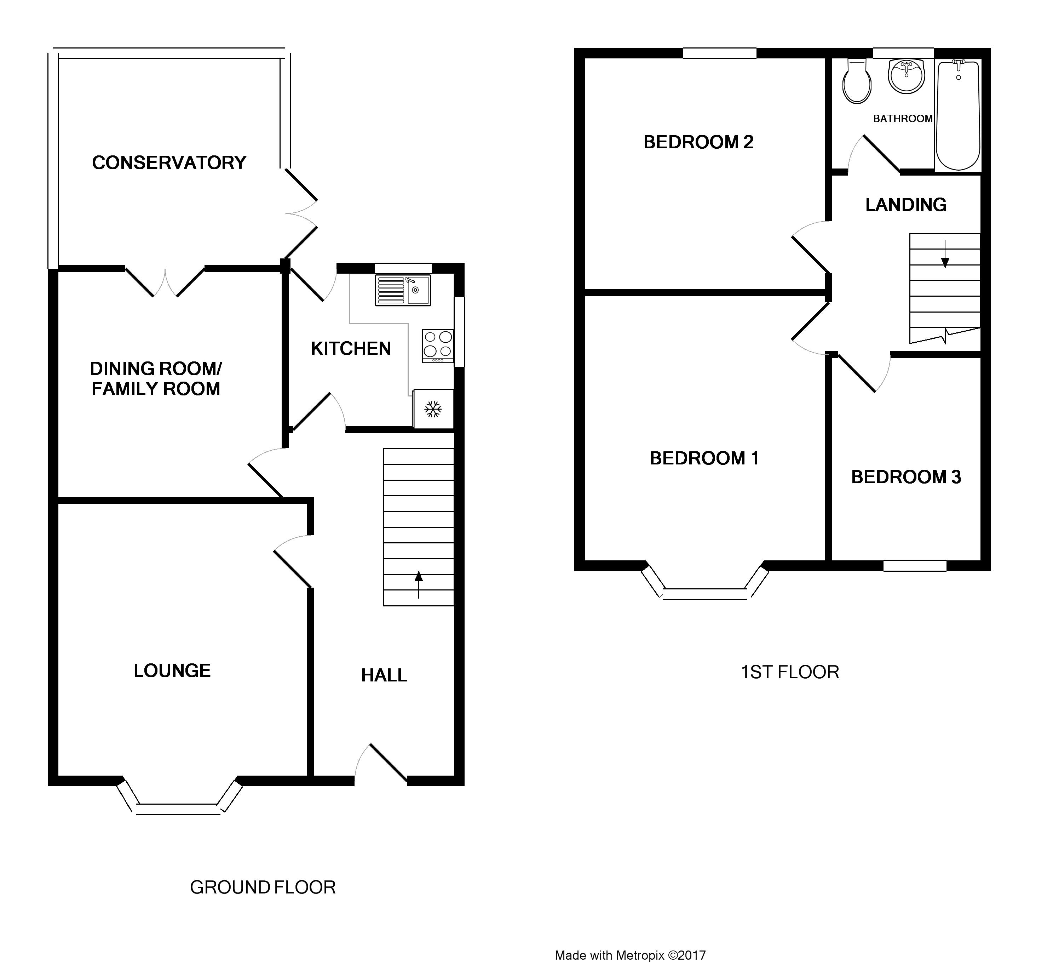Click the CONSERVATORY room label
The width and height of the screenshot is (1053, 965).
click(x=169, y=163)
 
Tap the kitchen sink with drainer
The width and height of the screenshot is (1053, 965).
click(x=403, y=291)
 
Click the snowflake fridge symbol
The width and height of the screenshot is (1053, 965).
click(x=432, y=409)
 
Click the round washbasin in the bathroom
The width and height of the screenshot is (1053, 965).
click(x=907, y=76)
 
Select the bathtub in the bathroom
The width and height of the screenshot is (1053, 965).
click(x=958, y=115)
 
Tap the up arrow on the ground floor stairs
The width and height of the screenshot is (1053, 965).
click(x=418, y=584)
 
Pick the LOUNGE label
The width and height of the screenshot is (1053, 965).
click(x=172, y=671)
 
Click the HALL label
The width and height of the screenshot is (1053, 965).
click(x=384, y=675)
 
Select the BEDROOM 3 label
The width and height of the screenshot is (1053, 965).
click(x=906, y=477)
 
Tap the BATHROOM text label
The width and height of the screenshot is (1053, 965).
click(x=903, y=119)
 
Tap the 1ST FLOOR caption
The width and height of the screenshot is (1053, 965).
click(x=790, y=672)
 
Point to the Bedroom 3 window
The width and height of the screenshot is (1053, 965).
click(x=915, y=565)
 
